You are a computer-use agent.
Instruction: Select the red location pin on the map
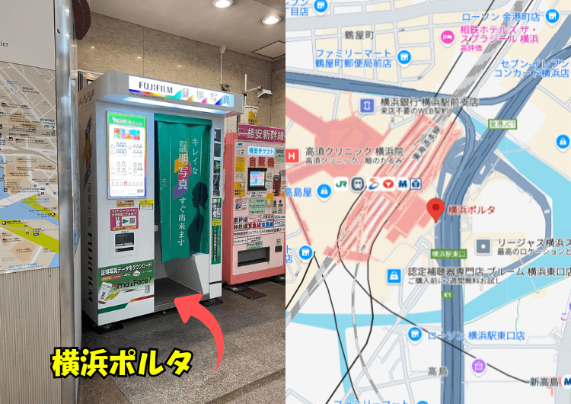[x=436, y=208]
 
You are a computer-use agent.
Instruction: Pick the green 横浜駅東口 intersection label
[x=448, y=253]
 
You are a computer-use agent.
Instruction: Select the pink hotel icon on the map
[x=447, y=37]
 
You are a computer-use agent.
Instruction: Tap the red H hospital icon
[x=292, y=156]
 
